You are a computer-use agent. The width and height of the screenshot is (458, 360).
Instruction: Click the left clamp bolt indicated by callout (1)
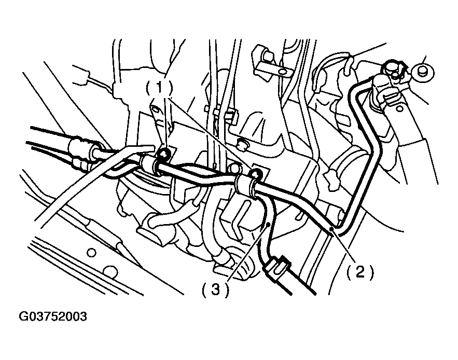pyautogui.click(x=164, y=153)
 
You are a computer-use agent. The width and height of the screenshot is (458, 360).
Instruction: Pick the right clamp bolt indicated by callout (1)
pyautogui.click(x=255, y=173)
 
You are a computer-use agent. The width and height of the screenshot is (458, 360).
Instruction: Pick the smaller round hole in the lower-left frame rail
pyautogui.click(x=91, y=253)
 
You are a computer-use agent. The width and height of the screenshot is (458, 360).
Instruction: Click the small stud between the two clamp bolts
pyautogui.click(x=234, y=168)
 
